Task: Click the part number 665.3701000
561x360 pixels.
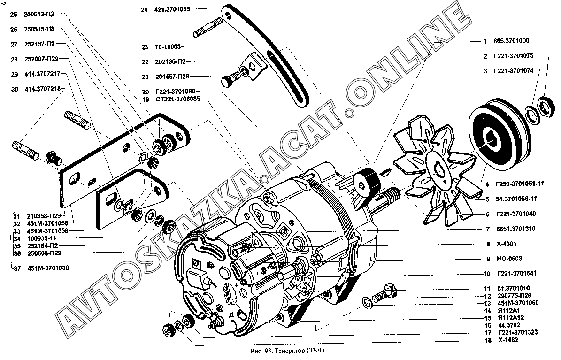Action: pyautogui.click(x=513, y=41)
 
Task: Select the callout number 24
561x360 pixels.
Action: pyautogui.click(x=144, y=8)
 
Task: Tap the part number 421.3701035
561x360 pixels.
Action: pyautogui.click(x=172, y=8)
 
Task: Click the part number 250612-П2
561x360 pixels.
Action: pyautogui.click(x=39, y=15)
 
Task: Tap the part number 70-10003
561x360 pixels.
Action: pyautogui.click(x=167, y=47)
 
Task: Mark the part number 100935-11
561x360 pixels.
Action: pyautogui.click(x=42, y=238)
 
